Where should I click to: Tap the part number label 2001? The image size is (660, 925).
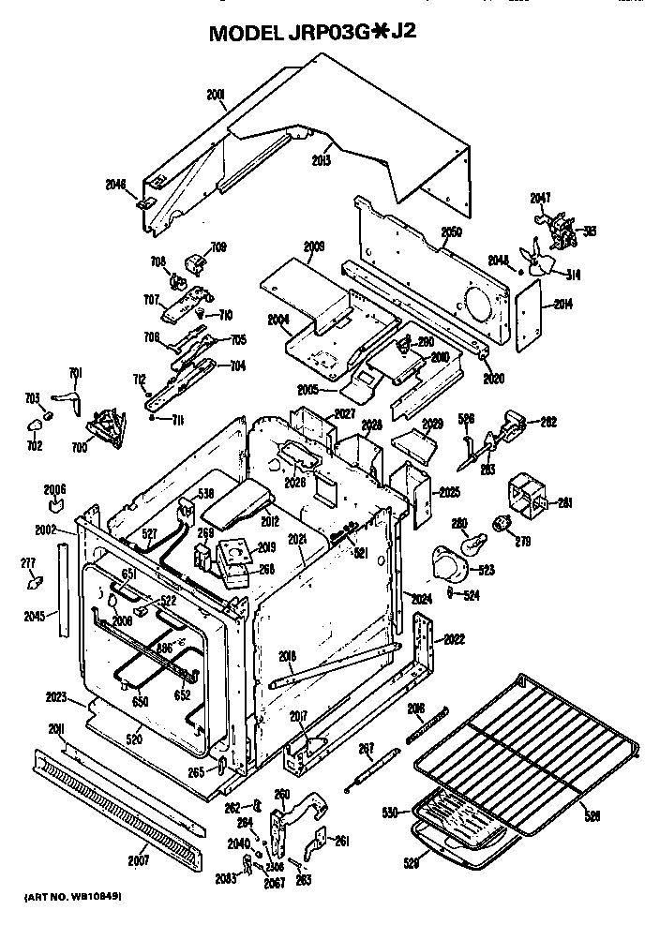point(217,94)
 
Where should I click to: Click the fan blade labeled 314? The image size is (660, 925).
point(538,261)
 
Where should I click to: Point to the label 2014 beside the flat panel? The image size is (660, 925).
point(563,304)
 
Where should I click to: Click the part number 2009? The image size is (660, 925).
point(314,246)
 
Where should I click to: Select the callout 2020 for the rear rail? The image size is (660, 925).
point(493,379)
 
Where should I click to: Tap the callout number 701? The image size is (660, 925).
point(76,373)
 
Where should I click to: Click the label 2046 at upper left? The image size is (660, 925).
point(115,185)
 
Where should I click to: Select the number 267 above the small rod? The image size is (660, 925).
point(367,747)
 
